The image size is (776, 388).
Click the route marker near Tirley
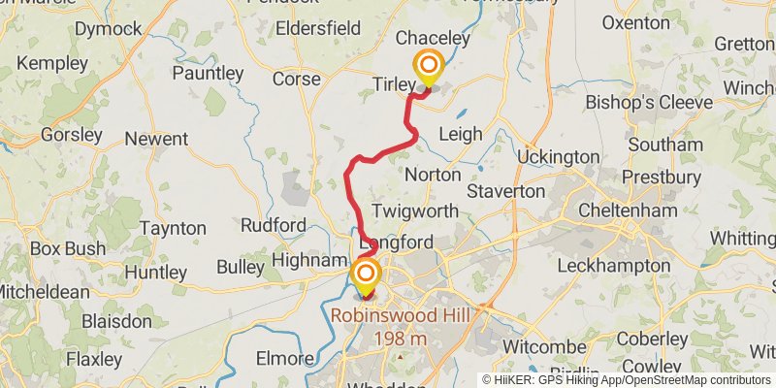[428, 68]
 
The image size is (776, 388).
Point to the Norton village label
[432, 175]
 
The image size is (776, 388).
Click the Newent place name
[156, 139]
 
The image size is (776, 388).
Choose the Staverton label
[506, 192]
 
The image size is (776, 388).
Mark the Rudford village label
[274, 225]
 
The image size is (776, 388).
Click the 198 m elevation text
[400, 337]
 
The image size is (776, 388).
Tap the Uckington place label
[558, 156]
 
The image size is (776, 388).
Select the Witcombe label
[539, 345]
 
